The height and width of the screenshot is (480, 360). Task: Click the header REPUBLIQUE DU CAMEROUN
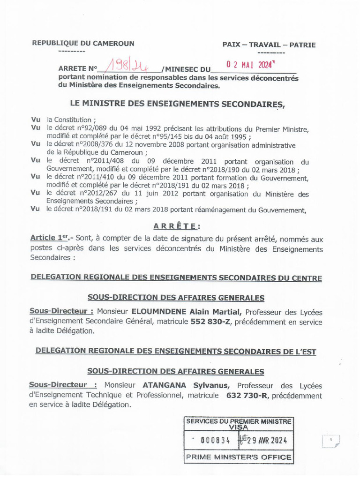(x=83, y=44)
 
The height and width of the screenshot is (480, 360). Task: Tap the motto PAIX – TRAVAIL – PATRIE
(x=269, y=45)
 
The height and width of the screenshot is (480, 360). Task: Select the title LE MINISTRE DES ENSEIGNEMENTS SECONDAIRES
(x=177, y=104)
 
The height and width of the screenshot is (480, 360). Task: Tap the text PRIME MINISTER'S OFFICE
(x=239, y=457)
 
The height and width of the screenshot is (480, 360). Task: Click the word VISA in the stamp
(x=239, y=427)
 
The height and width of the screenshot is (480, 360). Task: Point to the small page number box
(x=331, y=441)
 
